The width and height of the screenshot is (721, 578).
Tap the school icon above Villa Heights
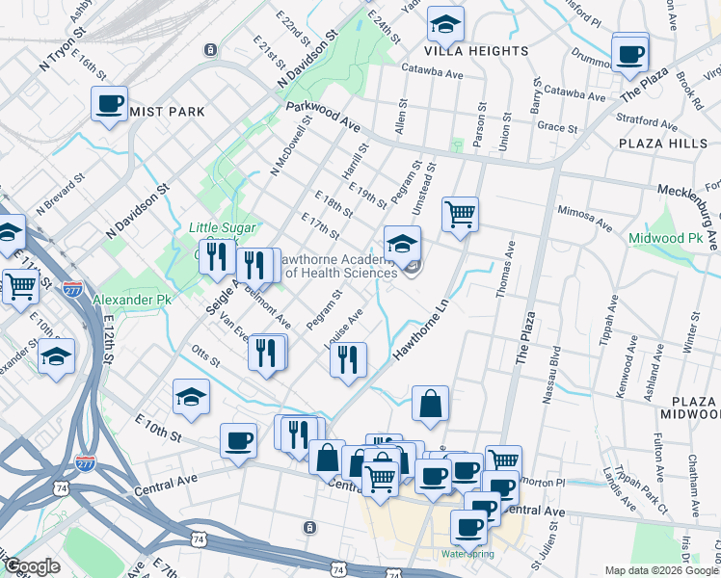445,23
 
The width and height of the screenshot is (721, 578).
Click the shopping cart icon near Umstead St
461,214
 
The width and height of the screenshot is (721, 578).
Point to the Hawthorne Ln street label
422,329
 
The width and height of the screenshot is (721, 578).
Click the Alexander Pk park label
131,301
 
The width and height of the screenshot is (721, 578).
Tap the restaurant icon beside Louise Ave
348,360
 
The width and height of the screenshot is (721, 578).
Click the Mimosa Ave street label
584,217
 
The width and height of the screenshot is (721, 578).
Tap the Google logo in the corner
32,566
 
